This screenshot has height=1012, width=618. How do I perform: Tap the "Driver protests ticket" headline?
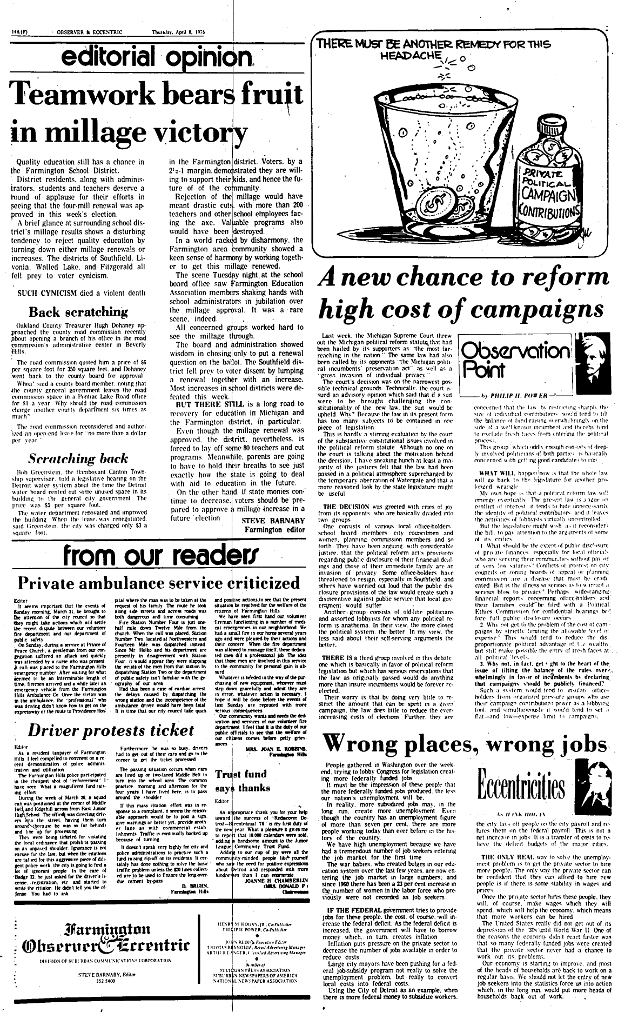(111, 730)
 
